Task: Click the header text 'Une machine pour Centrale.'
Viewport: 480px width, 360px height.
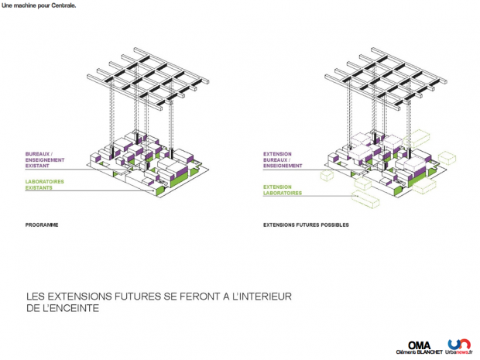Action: [39, 5]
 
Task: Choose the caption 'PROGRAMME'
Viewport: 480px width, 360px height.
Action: [42, 225]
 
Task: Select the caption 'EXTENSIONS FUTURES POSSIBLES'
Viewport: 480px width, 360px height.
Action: [306, 225]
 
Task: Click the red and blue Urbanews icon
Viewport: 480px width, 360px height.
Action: [458, 343]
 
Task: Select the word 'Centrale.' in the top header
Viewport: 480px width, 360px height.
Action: [63, 5]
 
